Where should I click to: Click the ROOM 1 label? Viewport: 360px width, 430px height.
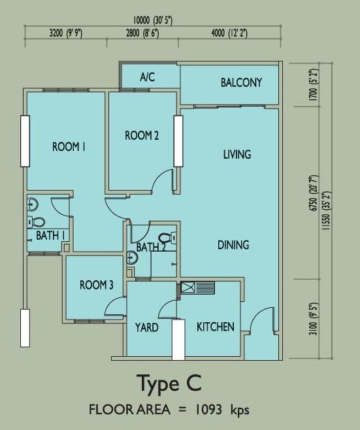point(69,147)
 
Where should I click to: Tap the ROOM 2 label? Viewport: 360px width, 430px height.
point(142,135)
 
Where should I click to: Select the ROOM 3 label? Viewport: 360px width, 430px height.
point(97,285)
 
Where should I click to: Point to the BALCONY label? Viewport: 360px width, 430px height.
point(241,82)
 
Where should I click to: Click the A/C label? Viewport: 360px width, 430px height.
point(148,77)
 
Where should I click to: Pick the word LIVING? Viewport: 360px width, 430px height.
point(237,154)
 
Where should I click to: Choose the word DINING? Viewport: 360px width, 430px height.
point(233,245)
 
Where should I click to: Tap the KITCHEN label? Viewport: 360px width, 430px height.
point(216,327)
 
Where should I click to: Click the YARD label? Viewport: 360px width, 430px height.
point(147,327)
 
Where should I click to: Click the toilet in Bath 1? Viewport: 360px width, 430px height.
point(36,222)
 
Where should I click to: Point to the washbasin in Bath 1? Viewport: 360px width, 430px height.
point(33,205)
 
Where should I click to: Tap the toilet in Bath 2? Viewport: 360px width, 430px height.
point(167,237)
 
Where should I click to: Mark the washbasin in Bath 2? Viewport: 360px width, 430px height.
point(132,258)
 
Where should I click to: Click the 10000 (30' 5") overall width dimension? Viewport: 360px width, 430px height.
point(153,20)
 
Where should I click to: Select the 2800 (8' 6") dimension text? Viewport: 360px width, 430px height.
point(142,33)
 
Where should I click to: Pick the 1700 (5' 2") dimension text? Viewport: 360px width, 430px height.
point(313,85)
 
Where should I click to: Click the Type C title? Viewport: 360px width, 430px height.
point(171,384)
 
